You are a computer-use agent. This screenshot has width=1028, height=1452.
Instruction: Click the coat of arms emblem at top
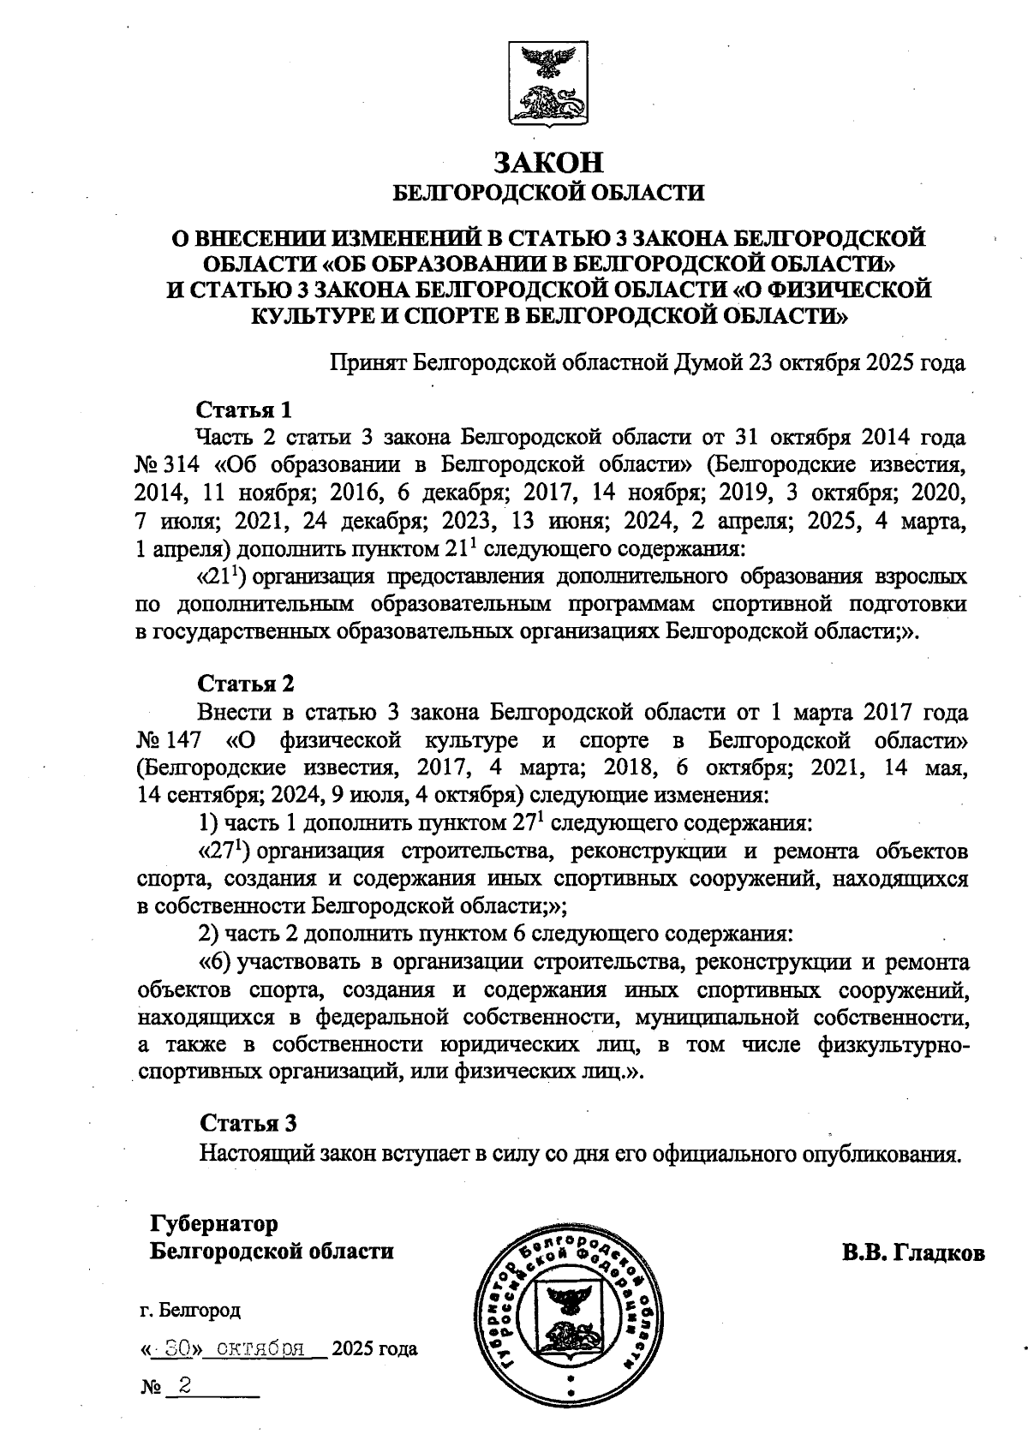(548, 83)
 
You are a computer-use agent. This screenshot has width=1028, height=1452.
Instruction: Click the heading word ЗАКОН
(548, 163)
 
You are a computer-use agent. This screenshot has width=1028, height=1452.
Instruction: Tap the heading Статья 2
(246, 683)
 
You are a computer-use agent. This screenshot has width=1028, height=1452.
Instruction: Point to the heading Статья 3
(248, 1123)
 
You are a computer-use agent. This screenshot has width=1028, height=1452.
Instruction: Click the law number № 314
(168, 465)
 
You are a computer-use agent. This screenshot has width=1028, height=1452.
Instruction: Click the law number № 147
(168, 739)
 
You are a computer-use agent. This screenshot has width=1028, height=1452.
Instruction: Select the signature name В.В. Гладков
(913, 1252)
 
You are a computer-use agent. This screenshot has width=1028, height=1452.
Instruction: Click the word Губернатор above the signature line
(214, 1222)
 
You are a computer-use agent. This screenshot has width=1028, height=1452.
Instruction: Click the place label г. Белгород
(190, 1310)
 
